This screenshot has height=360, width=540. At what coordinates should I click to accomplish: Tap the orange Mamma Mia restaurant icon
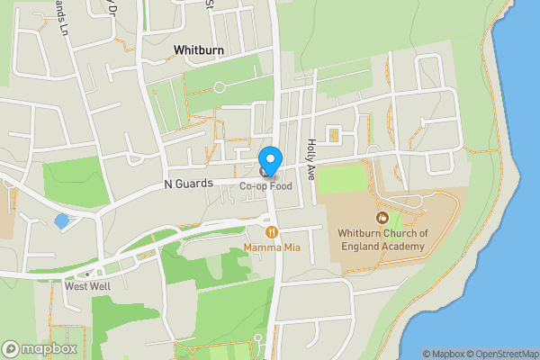tap(271, 232)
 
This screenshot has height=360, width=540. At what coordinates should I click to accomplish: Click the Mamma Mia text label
tap(271, 247)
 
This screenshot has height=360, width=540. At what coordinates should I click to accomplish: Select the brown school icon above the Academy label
tap(381, 218)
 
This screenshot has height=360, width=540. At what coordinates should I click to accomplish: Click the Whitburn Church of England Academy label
tap(381, 239)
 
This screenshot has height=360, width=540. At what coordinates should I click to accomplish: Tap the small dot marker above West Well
tap(86, 274)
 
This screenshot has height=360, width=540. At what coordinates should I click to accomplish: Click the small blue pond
tap(60, 220)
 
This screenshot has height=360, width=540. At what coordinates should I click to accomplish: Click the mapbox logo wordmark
tap(39, 348)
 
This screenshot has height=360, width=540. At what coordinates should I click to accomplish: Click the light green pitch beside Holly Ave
tap(343, 179)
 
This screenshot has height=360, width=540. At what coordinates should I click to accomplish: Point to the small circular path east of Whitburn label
tap(219, 87)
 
